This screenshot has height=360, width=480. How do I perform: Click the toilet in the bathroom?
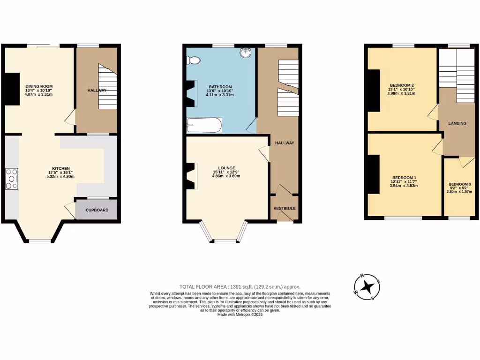(193, 60)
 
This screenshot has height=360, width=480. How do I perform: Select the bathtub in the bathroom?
(204, 125)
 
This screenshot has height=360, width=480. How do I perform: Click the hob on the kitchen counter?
(12, 179)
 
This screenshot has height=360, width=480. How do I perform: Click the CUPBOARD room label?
(97, 210)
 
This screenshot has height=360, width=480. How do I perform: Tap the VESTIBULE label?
(285, 208)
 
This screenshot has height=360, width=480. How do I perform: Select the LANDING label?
(457, 123)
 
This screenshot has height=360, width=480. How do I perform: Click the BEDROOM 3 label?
(460, 184)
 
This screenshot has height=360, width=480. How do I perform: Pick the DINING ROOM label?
(39, 86)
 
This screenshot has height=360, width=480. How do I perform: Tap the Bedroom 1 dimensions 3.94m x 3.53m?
(404, 186)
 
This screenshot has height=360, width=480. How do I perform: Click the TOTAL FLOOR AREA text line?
(240, 286)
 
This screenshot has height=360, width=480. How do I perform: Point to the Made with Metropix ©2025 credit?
(240, 315)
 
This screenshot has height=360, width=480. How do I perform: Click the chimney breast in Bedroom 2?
(374, 90)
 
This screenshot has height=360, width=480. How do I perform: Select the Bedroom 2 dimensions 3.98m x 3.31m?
(402, 93)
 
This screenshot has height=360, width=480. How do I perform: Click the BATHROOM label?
(220, 87)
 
